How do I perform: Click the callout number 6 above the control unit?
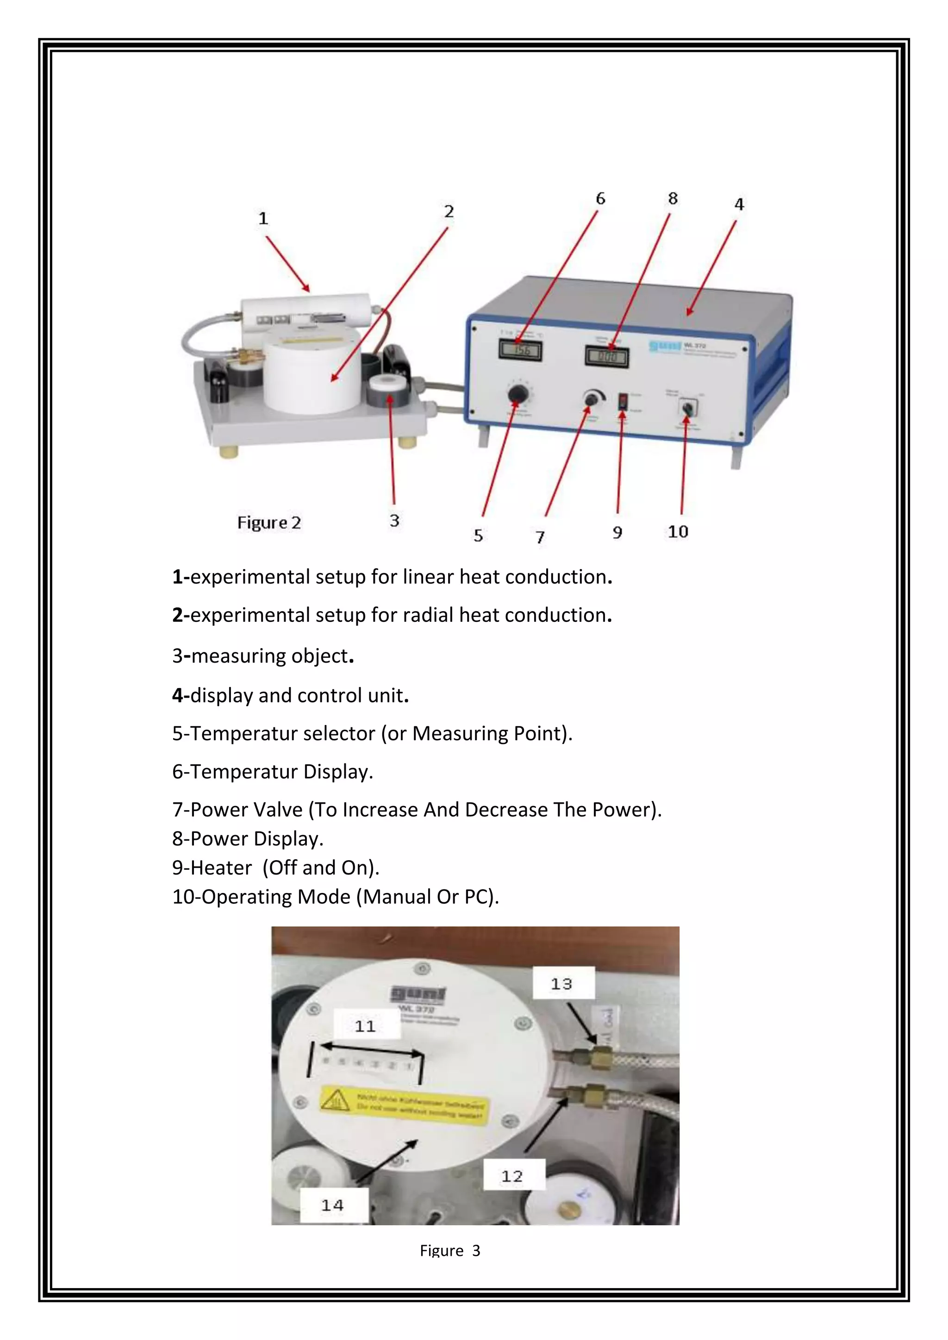tap(600, 199)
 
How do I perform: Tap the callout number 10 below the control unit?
tap(678, 532)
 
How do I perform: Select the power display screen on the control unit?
tap(607, 356)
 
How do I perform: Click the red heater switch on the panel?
tap(623, 401)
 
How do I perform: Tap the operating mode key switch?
tap(687, 407)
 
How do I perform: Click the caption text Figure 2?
tap(268, 522)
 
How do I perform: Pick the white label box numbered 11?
tap(366, 1025)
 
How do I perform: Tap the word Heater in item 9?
tap(221, 868)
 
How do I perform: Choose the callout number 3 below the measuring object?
tap(394, 521)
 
